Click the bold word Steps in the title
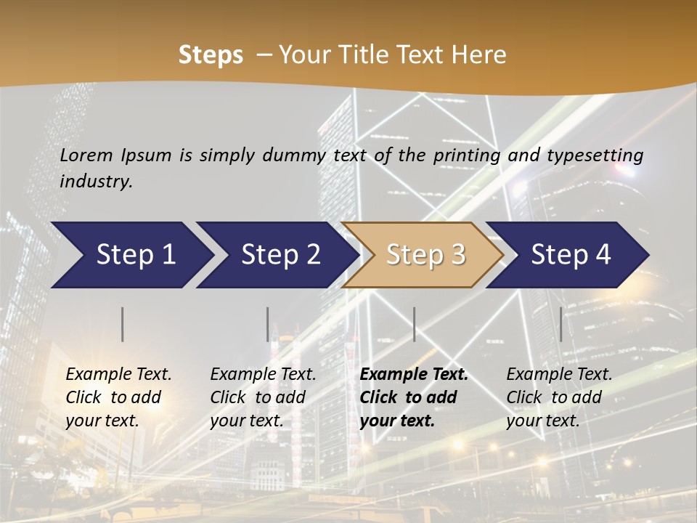pos(211,55)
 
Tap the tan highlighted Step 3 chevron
pos(423,255)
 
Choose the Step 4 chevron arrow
pos(568,255)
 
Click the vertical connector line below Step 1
pos(123,324)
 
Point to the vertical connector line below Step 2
pos(268,324)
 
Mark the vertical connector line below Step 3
pos(414,324)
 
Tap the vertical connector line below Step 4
pos(561,324)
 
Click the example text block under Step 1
pos(118,397)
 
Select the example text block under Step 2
pos(263,397)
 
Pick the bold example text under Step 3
pos(414,397)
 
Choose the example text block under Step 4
pos(559,397)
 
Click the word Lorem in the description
pos(86,155)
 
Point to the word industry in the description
pos(96,182)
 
